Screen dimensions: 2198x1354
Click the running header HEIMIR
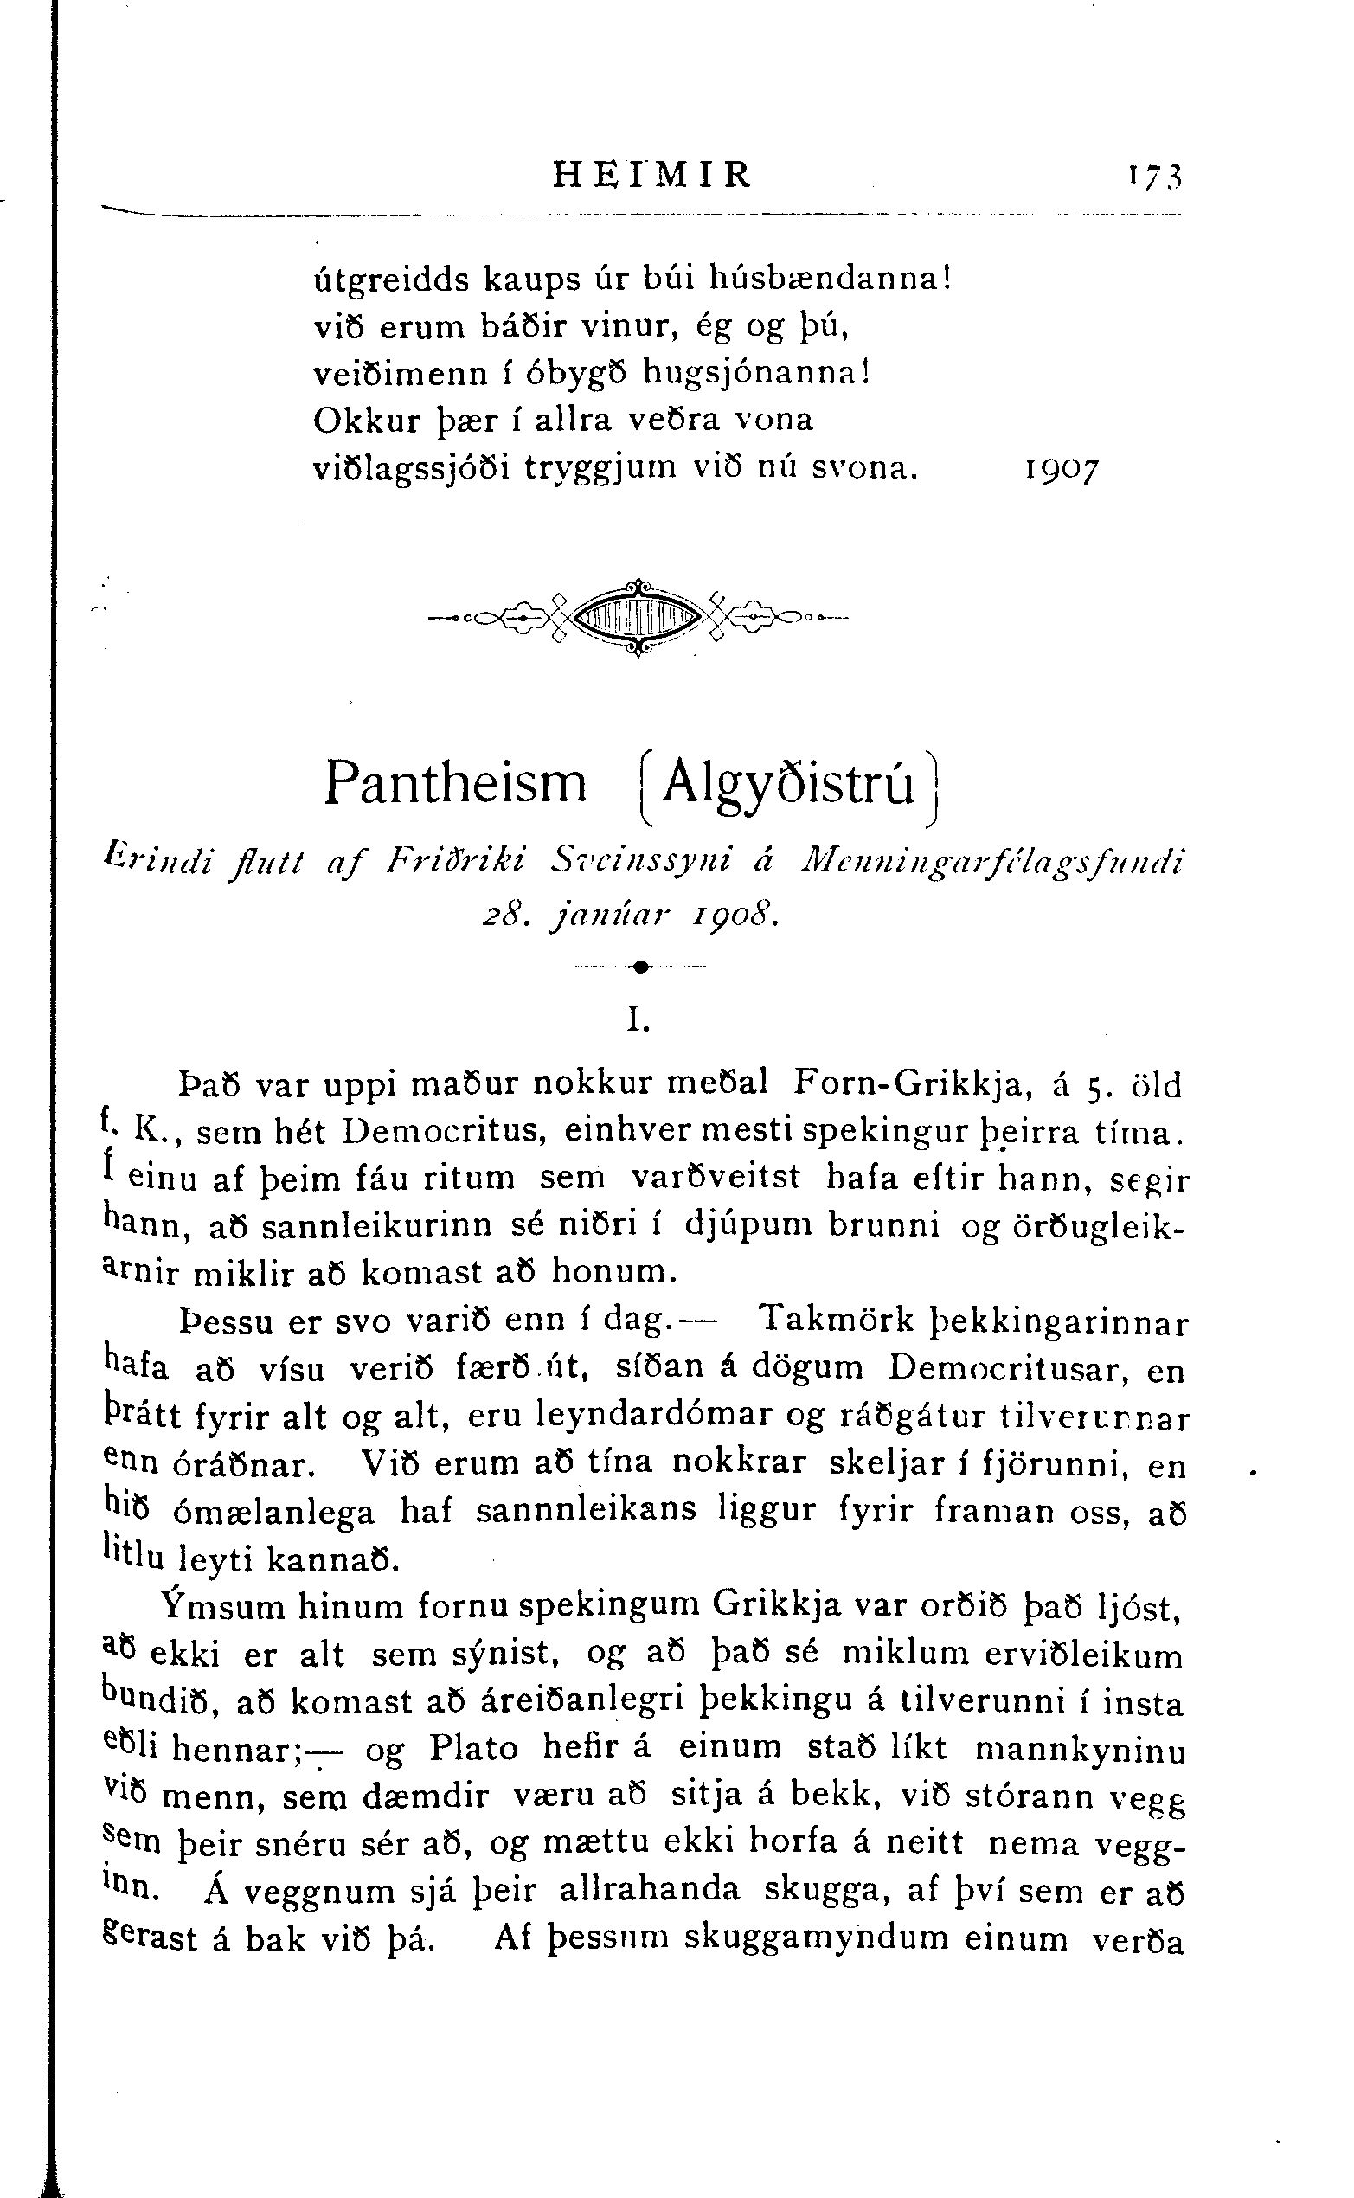point(652,174)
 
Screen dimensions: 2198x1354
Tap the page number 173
point(1156,175)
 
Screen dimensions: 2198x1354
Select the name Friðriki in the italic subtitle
point(456,862)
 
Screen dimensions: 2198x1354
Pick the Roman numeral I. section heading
point(638,1020)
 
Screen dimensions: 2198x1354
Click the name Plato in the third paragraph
point(474,1747)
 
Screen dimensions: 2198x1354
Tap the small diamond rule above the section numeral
point(640,967)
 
